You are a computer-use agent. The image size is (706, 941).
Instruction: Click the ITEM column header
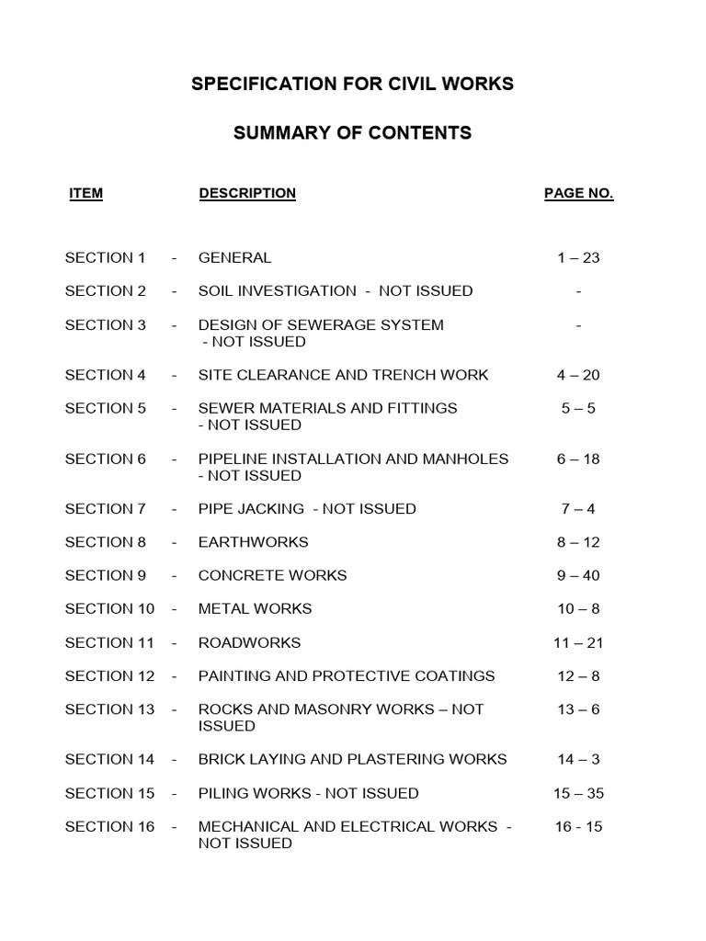tap(85, 193)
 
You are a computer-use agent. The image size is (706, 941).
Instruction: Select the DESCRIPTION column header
tap(247, 193)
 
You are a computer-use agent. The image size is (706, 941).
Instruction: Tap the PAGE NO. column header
tap(578, 193)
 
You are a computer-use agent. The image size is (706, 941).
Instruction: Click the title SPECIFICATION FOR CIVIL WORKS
tap(352, 85)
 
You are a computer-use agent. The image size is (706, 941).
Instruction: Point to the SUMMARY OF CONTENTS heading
tap(352, 133)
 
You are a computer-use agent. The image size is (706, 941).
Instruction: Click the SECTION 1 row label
tap(105, 257)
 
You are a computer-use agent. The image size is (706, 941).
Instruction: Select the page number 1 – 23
tap(578, 257)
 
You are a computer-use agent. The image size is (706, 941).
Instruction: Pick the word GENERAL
tap(234, 257)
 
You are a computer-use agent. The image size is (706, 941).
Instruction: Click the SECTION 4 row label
tap(105, 375)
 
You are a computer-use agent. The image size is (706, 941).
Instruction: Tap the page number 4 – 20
tap(578, 375)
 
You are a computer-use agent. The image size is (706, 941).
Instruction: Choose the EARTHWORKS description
tap(253, 542)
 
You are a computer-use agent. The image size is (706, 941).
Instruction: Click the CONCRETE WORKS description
tap(272, 575)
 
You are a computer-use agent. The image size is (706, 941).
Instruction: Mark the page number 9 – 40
tap(578, 575)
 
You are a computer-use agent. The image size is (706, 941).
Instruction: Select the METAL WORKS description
tap(255, 608)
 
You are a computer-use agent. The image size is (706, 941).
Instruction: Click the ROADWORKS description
tap(249, 642)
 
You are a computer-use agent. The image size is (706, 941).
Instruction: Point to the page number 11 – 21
tap(578, 642)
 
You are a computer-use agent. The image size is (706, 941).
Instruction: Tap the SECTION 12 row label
tap(109, 675)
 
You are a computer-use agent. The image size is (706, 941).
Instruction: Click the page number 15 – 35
tap(578, 793)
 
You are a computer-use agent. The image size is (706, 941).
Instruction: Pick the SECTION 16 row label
tap(109, 826)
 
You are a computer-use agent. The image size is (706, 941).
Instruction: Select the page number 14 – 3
tap(578, 759)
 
